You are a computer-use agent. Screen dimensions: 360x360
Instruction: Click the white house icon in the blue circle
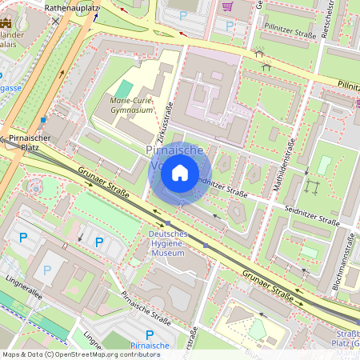coord(180,173)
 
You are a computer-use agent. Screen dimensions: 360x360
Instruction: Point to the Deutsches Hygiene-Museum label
coord(168,242)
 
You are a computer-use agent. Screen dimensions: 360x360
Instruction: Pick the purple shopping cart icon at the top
coord(227,6)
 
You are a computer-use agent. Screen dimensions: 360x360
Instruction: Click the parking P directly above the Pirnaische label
coord(150,334)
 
